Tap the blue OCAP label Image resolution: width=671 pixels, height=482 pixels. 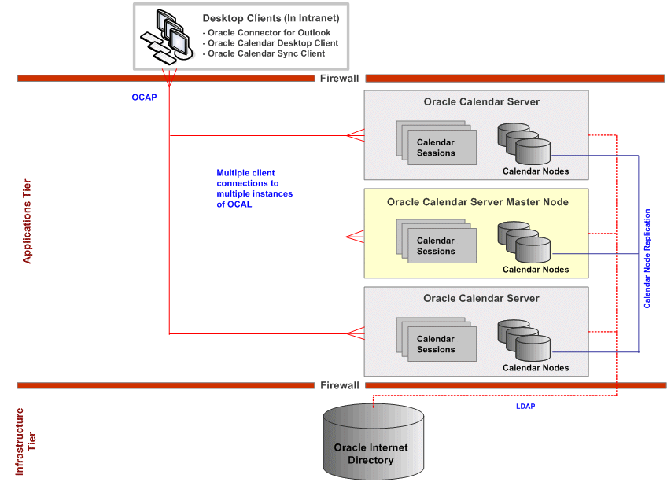(144, 98)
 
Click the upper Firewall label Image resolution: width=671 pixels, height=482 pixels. (339, 78)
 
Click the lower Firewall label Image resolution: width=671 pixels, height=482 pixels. (339, 385)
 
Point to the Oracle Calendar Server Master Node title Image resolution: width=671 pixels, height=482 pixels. (477, 202)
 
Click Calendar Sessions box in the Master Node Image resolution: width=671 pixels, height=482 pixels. (436, 245)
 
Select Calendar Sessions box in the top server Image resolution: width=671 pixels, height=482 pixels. (436, 146)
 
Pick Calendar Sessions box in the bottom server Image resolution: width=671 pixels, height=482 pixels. (436, 343)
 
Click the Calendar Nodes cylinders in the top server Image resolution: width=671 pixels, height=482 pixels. (524, 142)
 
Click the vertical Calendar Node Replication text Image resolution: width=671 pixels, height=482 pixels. (647, 258)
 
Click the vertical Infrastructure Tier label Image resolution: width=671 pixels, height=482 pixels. (26, 441)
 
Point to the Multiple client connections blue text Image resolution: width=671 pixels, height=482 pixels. (254, 188)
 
